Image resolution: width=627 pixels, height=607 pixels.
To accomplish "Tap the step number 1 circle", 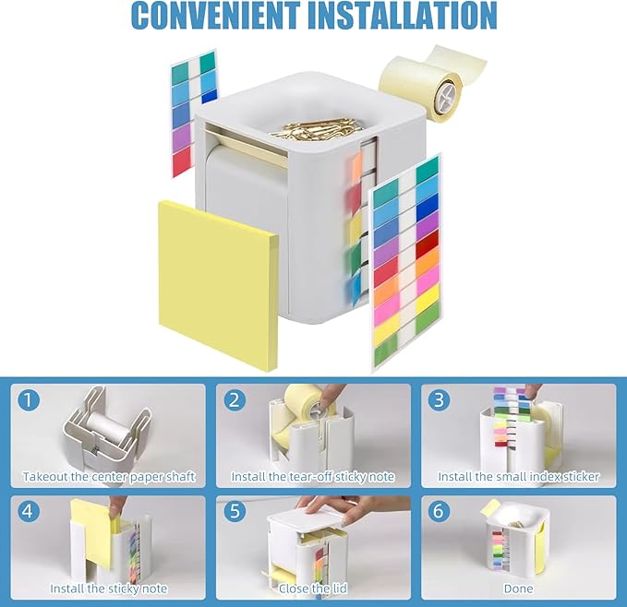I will coord(31,400).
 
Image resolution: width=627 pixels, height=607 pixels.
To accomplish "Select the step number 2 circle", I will coord(236,400).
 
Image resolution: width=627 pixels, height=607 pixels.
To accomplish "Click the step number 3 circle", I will coord(440,400).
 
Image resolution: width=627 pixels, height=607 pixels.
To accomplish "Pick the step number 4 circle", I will coord(31,511).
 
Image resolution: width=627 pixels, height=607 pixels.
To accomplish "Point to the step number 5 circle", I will coord(236,511).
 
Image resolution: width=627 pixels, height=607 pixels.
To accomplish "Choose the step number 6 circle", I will coord(440,511).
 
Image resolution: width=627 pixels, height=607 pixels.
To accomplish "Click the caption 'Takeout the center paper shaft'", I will coord(109,477).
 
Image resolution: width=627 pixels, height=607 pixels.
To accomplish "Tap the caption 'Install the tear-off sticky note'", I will coord(314,477).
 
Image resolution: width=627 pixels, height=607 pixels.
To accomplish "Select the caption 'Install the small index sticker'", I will coord(518,477).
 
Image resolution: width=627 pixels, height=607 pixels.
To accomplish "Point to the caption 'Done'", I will coord(518,588).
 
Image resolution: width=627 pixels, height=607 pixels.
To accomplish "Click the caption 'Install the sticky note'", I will coord(109,588).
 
